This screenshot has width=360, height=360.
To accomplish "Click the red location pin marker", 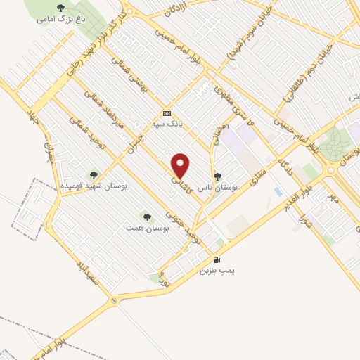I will (181, 165).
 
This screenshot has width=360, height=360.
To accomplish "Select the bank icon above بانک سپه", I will (167, 113).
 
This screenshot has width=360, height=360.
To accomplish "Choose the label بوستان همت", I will (146, 229).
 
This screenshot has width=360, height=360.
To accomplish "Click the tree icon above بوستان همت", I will (146, 217).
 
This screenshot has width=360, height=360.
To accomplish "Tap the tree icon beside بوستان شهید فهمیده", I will (94, 174).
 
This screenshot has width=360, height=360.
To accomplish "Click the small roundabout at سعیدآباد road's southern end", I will (113, 301).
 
